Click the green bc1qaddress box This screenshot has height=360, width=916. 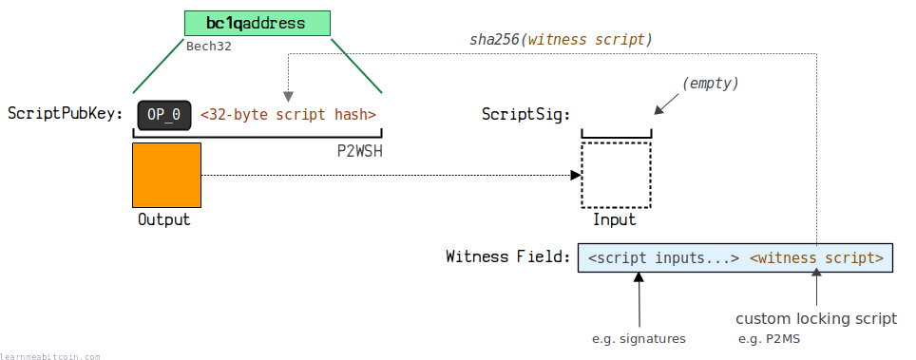[258, 24]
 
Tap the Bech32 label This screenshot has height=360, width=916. [208, 47]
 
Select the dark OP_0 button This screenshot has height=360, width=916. [164, 115]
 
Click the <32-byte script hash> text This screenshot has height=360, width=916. [289, 114]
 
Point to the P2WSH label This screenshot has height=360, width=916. [360, 151]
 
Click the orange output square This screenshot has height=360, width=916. [167, 176]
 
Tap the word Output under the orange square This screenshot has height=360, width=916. [164, 219]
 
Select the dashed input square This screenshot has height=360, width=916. [617, 175]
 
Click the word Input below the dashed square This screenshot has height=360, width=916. [615, 219]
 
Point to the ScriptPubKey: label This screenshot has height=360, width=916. [66, 114]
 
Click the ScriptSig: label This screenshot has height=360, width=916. [525, 114]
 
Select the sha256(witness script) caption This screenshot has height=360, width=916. [561, 40]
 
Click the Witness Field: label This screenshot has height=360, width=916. [507, 256]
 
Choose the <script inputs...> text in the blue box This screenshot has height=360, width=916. [664, 257]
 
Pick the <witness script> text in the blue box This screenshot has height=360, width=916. [816, 257]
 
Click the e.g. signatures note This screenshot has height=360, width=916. [639, 339]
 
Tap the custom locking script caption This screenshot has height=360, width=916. [816, 319]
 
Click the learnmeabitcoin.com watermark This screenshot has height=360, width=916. [50, 356]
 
